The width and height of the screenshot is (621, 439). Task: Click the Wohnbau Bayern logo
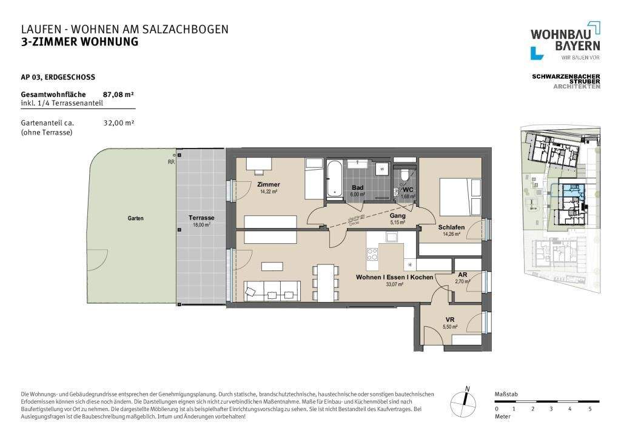point(565,41)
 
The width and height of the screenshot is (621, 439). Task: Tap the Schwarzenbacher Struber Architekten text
point(565,81)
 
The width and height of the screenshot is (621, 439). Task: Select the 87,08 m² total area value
point(119,95)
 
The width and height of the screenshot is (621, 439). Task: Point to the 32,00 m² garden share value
point(119,122)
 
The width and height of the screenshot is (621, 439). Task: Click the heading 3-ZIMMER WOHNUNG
point(79,42)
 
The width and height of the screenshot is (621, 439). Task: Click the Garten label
point(136,218)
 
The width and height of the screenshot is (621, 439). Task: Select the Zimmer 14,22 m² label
point(268,187)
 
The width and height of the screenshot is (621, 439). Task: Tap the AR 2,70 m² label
point(462,278)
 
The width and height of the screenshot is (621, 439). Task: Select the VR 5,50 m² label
point(449,323)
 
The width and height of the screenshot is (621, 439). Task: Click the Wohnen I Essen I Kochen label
point(394,277)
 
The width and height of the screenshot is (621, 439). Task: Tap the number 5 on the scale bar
point(589,409)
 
